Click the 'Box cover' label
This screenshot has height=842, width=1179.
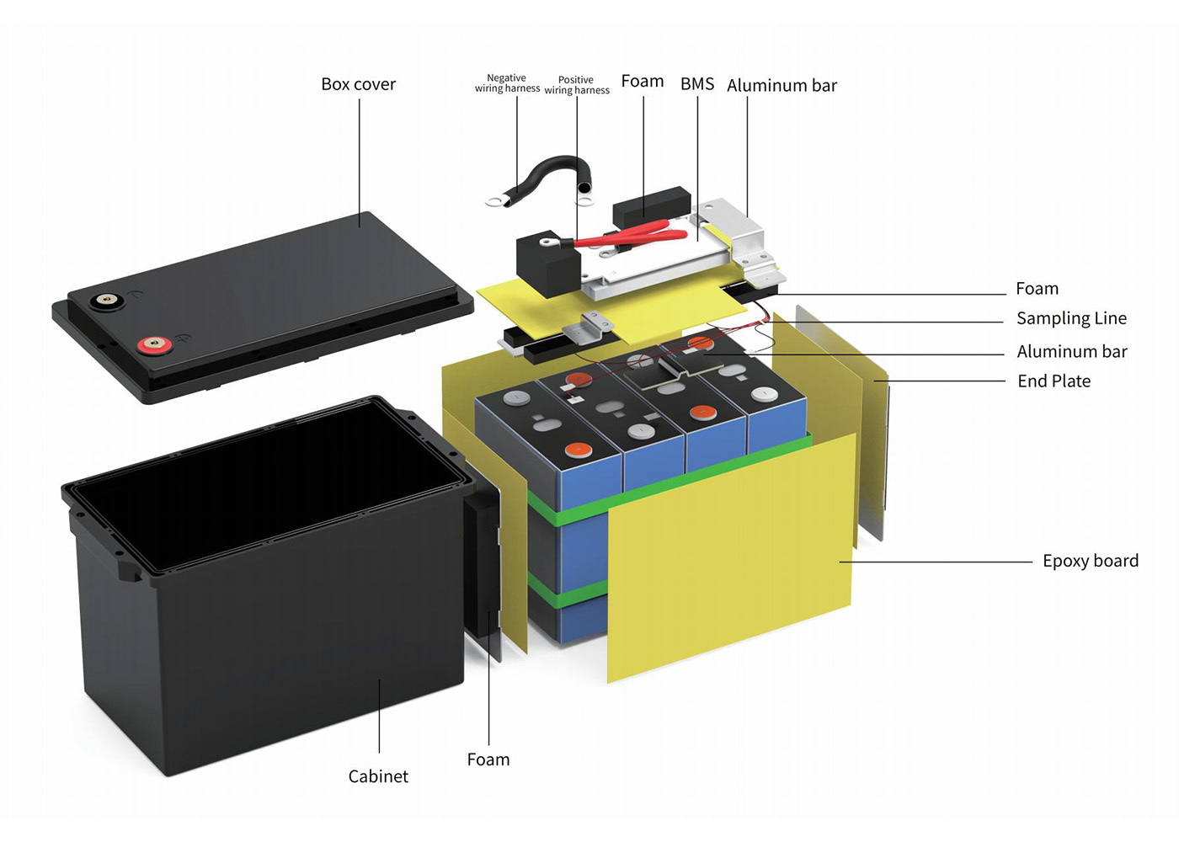[x=358, y=84]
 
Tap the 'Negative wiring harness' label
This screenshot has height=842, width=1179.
[x=507, y=83]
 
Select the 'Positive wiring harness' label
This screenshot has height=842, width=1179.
[x=577, y=85]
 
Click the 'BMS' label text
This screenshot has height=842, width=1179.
[x=697, y=84]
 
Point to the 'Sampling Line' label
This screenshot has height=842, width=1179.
[x=1071, y=318]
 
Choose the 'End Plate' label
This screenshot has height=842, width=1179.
[x=1054, y=381]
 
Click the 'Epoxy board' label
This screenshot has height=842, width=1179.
[x=1090, y=561]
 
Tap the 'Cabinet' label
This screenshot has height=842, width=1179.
[x=378, y=776]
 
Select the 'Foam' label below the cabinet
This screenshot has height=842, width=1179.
[x=488, y=759]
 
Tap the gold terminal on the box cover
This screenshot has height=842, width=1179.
[x=106, y=299]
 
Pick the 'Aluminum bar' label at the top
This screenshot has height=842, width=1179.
[x=782, y=86]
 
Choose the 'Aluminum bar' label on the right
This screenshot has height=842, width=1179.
[x=1071, y=352]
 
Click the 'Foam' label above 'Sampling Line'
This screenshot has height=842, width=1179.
[x=1037, y=289]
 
